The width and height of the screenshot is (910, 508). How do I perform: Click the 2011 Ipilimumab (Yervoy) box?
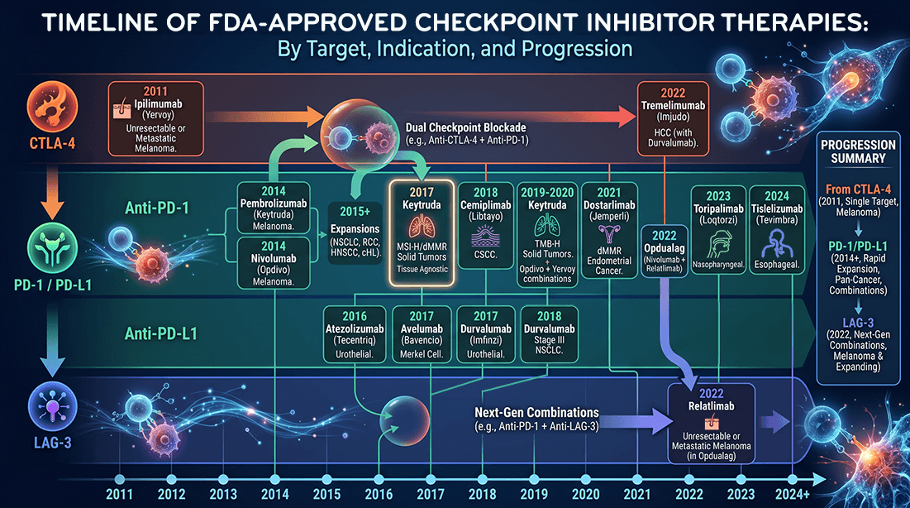(156, 118)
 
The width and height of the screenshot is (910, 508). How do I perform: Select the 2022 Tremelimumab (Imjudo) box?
(673, 118)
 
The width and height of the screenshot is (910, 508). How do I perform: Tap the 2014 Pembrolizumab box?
(274, 208)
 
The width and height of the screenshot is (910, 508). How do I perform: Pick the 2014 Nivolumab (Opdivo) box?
(274, 263)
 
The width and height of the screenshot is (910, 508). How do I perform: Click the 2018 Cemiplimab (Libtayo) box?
(486, 226)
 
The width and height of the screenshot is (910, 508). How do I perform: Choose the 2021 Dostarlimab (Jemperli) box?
(609, 230)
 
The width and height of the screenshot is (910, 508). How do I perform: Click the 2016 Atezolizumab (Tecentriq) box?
(355, 334)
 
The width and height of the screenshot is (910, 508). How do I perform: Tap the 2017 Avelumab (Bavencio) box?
(422, 334)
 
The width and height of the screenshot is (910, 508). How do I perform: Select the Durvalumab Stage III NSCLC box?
(549, 334)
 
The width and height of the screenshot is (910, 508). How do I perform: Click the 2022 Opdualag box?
(665, 251)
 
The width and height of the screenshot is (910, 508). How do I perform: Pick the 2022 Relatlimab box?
(712, 424)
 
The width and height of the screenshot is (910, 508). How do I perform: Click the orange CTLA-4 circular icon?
(52, 107)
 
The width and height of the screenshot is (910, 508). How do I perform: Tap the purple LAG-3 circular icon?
(52, 407)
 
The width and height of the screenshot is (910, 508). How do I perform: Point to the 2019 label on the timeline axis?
(534, 495)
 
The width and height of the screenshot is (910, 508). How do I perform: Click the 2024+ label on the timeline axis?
(792, 495)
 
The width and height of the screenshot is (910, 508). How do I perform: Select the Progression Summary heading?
(859, 151)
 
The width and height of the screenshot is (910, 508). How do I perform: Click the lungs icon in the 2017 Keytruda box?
(422, 227)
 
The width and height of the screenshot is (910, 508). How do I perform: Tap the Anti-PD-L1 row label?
(161, 333)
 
